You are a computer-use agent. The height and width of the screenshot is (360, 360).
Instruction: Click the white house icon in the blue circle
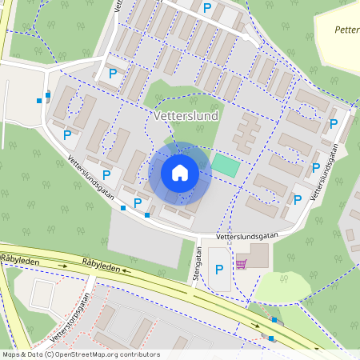pos(180,173)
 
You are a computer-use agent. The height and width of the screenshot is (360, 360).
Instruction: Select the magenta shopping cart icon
pos(241,263)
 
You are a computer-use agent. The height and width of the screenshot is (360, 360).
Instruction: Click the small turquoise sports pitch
pos(225,166)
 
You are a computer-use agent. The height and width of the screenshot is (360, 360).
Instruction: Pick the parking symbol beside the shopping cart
pos(219,270)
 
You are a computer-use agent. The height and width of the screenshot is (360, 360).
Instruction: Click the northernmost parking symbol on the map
pos(207,8)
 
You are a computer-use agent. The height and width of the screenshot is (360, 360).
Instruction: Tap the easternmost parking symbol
pos(334,123)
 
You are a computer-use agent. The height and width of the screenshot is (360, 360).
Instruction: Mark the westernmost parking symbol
pos(67,135)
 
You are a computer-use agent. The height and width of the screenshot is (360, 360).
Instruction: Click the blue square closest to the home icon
pos(147,214)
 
